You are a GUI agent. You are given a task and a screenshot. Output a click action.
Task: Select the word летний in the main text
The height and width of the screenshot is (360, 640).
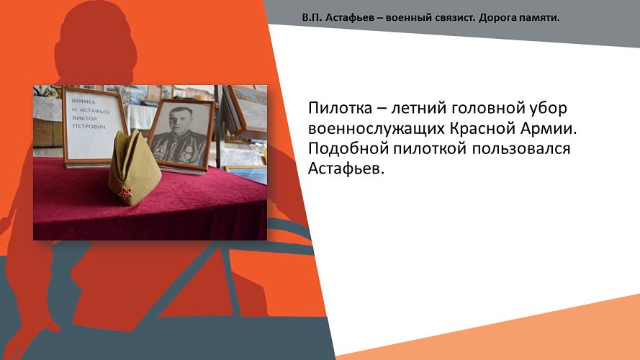pyautogui.click(x=413, y=109)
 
